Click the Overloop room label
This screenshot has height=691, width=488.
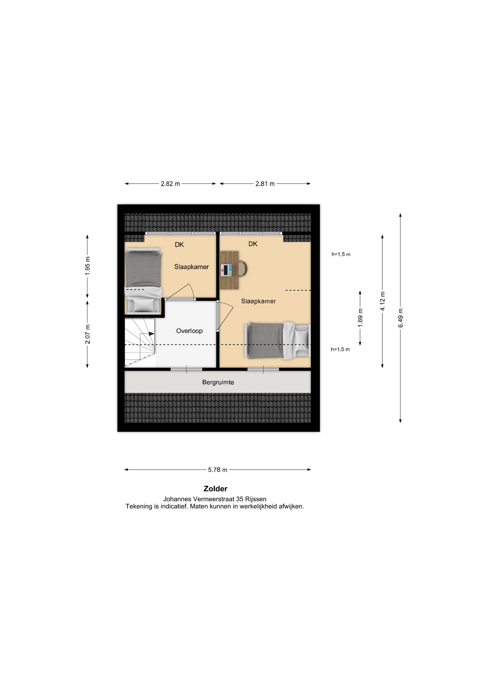pos(189,331)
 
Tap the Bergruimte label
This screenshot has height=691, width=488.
pos(218,382)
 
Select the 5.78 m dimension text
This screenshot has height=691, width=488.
pos(218,470)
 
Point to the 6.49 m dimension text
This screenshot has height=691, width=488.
pos(401,318)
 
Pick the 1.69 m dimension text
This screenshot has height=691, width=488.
pos(360,318)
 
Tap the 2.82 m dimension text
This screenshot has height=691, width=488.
pos(170,184)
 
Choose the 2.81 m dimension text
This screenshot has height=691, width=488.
pos(265,184)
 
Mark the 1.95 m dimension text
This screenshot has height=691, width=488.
pos(88,266)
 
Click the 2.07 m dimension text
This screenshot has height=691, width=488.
pos(88,334)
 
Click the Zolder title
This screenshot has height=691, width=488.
pos(216,489)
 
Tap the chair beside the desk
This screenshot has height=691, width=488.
pos(243,269)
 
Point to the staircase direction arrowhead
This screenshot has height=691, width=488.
pos(152,334)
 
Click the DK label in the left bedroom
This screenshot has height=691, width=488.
pos(179,245)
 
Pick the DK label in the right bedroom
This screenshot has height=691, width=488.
pos(253,244)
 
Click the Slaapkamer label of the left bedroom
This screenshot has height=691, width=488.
pos(192,267)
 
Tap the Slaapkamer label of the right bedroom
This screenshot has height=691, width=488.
pos(258,301)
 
